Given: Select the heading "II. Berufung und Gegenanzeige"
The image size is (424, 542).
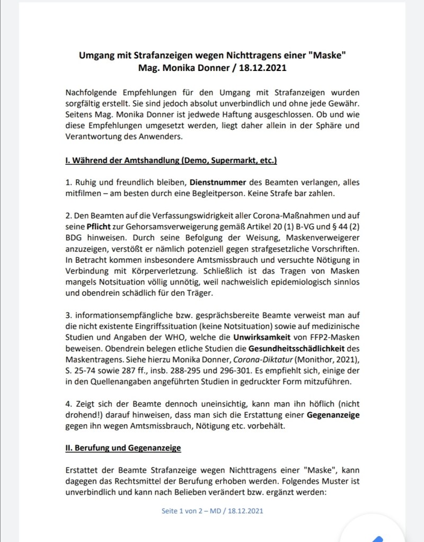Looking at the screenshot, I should coord(123,448).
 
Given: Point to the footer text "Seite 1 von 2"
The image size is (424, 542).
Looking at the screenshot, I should coord(187,511).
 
